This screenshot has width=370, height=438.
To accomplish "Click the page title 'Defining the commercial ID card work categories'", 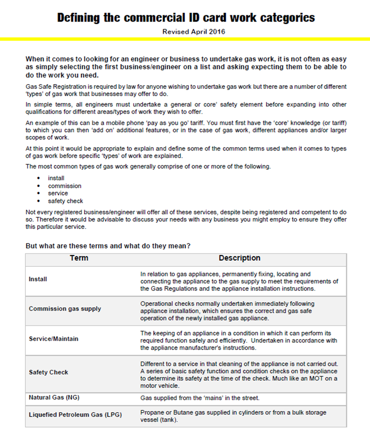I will [186, 18].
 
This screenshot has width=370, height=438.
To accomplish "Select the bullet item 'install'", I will [56, 178].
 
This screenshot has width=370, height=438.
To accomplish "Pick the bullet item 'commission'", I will [65, 186].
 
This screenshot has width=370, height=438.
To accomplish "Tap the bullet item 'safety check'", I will [65, 201].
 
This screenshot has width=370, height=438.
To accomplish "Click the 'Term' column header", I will [79, 258].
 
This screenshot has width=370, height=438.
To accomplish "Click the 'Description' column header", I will [239, 258].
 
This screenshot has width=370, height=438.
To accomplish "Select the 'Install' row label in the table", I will [38, 279].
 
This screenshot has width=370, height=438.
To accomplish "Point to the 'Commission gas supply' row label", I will [65, 309].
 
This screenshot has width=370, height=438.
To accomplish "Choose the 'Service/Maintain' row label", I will [53, 339].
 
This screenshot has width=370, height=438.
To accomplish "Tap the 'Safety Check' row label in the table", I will [48, 372].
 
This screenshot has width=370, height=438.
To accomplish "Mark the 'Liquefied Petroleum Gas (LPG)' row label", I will [75, 415].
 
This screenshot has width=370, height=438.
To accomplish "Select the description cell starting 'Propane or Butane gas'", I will [233, 416].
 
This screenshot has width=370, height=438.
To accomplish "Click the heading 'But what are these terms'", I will [108, 246].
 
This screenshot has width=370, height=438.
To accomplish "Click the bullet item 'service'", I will [58, 193].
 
